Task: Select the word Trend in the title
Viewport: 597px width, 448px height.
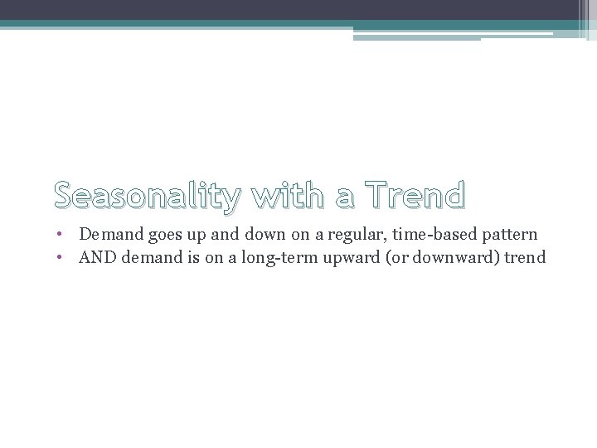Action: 408,195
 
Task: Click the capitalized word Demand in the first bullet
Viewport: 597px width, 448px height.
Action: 111,236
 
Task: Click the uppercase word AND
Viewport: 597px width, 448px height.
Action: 98,258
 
